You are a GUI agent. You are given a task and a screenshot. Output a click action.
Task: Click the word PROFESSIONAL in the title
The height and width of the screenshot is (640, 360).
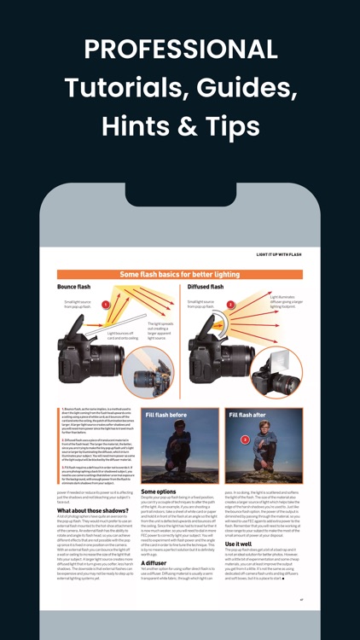(180, 48)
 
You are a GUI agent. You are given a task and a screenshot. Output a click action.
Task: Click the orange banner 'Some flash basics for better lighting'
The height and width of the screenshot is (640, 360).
(179, 275)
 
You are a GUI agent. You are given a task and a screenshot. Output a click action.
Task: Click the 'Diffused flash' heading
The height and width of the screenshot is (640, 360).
(206, 287)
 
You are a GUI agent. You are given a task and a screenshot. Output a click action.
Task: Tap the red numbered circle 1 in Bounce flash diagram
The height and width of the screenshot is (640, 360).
(106, 305)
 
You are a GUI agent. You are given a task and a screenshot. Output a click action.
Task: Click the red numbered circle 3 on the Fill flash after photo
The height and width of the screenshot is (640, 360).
(245, 439)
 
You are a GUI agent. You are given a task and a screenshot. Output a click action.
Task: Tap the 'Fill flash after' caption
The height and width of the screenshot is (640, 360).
(248, 415)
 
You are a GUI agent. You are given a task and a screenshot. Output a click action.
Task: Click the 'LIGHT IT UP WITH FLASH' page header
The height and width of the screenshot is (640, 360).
(280, 254)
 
